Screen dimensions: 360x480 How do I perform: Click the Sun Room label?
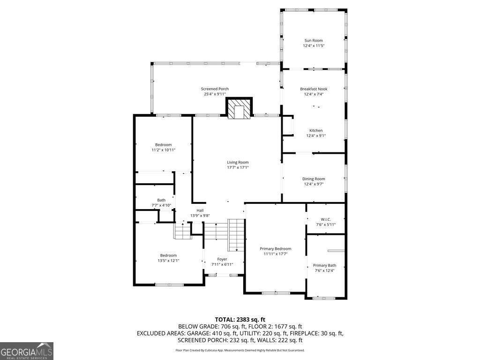[314, 41]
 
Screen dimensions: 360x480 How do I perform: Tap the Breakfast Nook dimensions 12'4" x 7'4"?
[314, 94]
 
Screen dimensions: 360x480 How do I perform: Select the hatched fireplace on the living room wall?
[240, 109]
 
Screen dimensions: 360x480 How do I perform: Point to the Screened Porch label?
[215, 89]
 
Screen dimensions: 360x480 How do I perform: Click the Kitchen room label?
[315, 130]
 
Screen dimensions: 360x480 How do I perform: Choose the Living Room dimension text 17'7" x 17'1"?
[238, 167]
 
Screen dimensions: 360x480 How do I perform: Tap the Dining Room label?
[314, 179]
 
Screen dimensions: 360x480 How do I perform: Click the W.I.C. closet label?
[326, 219]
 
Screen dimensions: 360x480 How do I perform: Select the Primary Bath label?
[324, 265]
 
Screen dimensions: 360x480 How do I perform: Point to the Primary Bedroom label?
[276, 248]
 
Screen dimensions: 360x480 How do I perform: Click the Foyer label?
[222, 259]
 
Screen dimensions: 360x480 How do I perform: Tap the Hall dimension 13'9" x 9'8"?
[200, 216]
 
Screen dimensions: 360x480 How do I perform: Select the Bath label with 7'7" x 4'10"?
[161, 200]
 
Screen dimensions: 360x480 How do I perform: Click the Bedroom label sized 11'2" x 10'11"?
[164, 144]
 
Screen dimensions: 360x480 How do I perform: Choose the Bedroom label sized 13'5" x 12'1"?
[168, 255]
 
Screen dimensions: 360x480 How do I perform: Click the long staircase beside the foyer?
[237, 235]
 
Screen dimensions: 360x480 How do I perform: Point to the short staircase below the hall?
[182, 231]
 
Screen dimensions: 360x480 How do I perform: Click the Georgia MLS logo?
[27, 351]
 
